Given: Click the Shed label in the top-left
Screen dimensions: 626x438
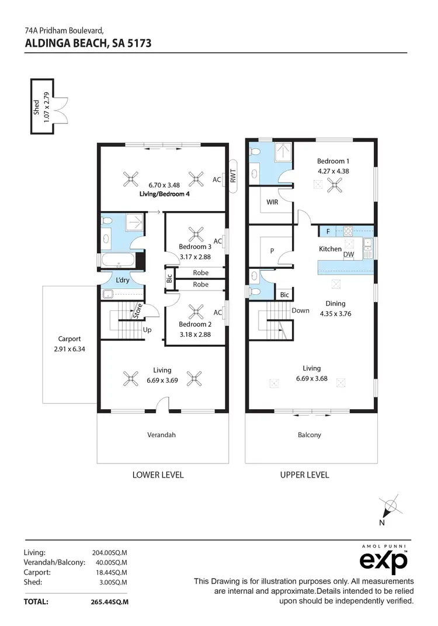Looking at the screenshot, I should point(36,106).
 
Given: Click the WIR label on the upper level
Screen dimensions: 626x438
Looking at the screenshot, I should point(272,202).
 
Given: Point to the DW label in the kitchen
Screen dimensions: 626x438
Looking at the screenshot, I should point(349,254).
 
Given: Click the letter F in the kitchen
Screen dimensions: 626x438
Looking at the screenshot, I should point(328,231).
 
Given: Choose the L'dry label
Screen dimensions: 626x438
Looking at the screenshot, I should point(123,281).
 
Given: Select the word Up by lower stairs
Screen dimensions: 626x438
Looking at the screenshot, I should point(148,330).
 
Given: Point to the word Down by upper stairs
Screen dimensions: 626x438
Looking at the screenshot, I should point(300,310).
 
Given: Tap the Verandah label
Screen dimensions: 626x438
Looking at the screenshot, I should point(162,434).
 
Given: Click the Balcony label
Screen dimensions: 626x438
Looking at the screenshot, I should point(310,434).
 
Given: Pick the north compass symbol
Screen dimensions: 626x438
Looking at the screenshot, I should point(390,507).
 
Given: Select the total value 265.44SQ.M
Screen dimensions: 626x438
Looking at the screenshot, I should point(110,601).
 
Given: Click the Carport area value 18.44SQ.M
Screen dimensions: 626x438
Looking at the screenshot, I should point(110,572).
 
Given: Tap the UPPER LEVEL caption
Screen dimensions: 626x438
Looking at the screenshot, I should point(304,475).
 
